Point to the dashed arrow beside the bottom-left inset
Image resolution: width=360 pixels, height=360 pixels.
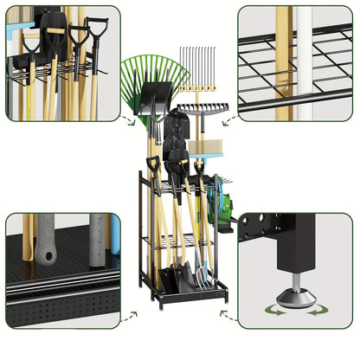[x=129, y=315]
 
